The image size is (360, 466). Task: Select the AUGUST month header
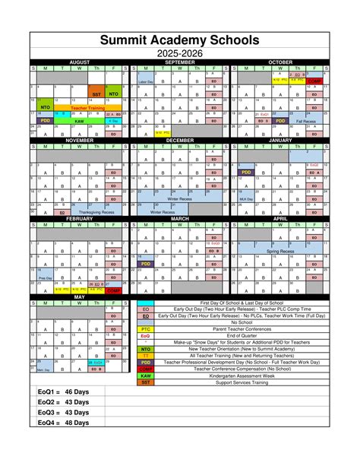point(80,61)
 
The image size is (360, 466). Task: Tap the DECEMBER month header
point(180,141)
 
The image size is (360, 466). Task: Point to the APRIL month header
point(280,218)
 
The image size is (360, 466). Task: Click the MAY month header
point(80,296)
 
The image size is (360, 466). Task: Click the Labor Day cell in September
point(146,81)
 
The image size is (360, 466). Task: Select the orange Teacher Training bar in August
point(87,109)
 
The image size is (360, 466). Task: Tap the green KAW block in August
point(79,120)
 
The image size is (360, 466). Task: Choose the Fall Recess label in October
point(306,120)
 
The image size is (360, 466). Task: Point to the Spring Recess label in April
point(280,251)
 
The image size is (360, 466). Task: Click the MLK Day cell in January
point(246,199)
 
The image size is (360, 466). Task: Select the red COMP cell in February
point(113,290)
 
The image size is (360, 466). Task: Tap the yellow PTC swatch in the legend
point(146,329)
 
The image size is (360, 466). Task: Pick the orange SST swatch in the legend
point(146,382)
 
